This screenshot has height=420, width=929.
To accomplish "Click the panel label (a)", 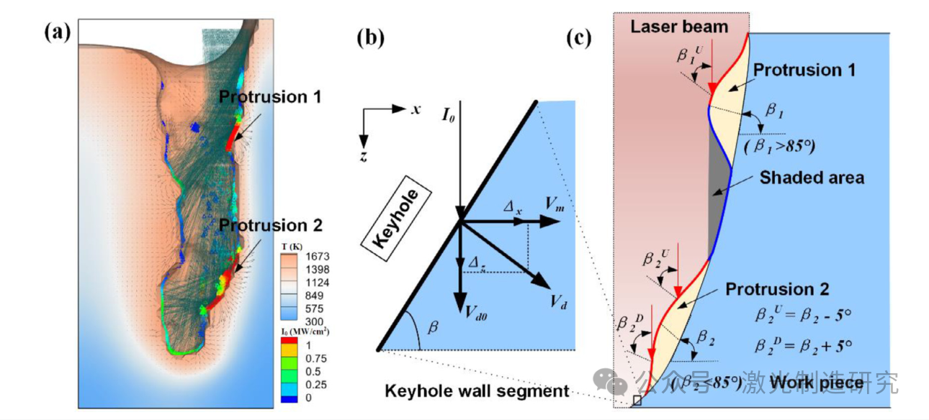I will pos(57,31).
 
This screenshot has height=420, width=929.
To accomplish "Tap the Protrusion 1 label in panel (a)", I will pos(271,96).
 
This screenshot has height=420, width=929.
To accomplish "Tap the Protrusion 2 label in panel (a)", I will pos(271,225).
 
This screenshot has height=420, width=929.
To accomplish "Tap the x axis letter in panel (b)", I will pos(416,109).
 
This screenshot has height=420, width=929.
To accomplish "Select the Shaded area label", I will pos(812,177).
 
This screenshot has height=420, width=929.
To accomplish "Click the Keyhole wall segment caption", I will pos(476,391).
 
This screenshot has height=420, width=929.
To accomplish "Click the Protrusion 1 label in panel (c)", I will pos(799,71).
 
